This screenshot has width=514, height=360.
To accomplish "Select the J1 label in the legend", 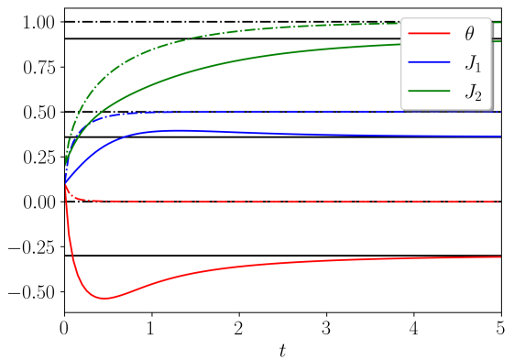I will tap(472, 62).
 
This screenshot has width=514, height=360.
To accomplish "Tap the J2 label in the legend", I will tap(472, 92).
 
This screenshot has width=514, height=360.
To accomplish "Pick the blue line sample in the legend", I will tap(429, 62).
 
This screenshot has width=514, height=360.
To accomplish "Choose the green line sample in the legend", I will tap(429, 92).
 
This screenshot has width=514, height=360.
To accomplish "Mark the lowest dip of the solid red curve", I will tap(105, 298).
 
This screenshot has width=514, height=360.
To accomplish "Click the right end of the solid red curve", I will tap(500, 257).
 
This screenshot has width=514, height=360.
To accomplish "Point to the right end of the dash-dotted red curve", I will tap(498, 202).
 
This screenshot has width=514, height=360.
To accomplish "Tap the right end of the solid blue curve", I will tap(500, 136).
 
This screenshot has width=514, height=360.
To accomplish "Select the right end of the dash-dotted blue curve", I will tap(498, 112).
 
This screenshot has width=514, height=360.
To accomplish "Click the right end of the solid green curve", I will tap(500, 41).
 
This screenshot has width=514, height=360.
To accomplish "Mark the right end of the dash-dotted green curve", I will tap(500, 22).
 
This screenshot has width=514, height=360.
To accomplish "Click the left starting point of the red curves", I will tap(66, 184).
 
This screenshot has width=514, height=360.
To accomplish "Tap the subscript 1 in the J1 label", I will tap(478, 67).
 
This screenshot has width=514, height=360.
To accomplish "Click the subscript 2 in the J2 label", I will tap(478, 96).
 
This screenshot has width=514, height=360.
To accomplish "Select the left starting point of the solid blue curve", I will tap(66, 180).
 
